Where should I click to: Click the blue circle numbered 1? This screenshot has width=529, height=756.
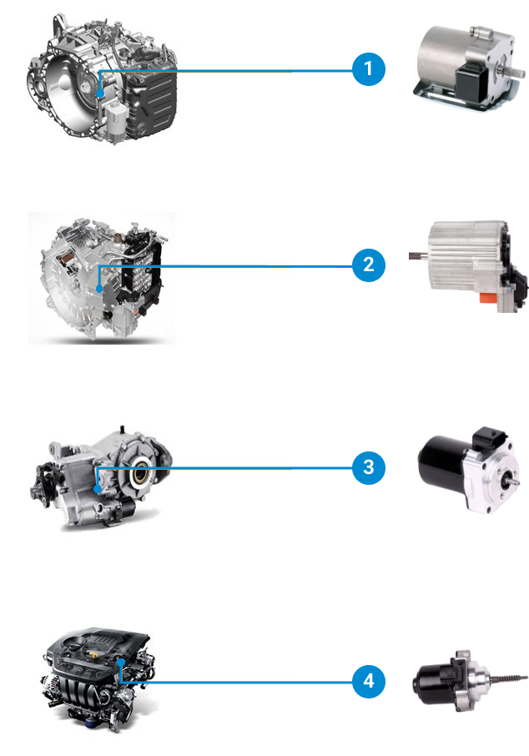(369, 69)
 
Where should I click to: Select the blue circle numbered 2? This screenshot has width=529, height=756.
(369, 265)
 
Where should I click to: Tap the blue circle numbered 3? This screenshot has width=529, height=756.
(369, 467)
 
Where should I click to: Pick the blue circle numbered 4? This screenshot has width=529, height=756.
(369, 681)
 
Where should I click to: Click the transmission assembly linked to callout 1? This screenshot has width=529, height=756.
(103, 79)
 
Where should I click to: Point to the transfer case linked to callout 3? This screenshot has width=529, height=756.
(101, 477)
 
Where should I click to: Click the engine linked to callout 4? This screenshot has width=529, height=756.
(98, 680)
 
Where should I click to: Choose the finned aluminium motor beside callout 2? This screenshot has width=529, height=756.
(469, 266)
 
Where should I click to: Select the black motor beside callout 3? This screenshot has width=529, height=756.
(469, 467)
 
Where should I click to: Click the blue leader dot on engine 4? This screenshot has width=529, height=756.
(121, 662)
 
